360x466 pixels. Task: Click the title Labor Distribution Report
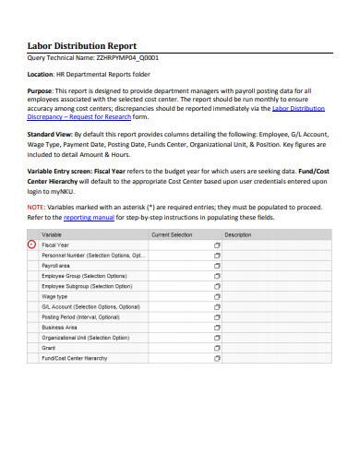(x=81, y=44)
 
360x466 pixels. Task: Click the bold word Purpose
(x=42, y=90)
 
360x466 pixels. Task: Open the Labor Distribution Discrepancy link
(x=297, y=108)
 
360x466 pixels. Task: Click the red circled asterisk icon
(x=32, y=245)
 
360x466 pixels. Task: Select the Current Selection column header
(x=172, y=234)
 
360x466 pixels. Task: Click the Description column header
(x=237, y=234)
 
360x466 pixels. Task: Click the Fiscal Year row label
(x=55, y=245)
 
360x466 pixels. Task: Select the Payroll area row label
(x=58, y=265)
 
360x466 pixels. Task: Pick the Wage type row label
(x=54, y=296)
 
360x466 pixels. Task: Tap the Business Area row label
(x=59, y=327)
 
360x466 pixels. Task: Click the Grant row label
(x=49, y=347)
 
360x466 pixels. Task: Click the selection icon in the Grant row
(x=218, y=347)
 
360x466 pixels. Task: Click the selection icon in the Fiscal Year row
(x=218, y=245)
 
